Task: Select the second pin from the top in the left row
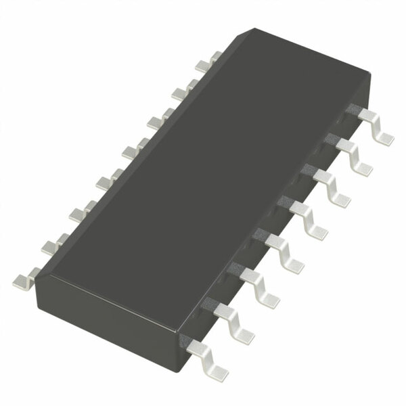pos(182,91)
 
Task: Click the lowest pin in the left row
pos(27,277)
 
